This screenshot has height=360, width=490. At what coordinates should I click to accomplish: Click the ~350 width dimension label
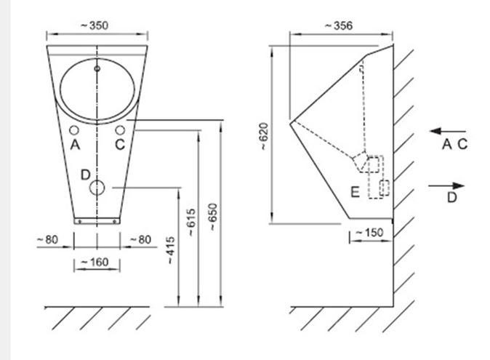(95, 25)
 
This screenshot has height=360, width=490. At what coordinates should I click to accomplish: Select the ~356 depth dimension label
(339, 25)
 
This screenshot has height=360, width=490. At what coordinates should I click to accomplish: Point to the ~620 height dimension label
(263, 136)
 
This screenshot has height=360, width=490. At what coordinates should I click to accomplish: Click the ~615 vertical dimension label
(191, 222)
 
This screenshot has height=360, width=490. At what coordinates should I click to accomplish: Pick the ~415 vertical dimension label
(171, 250)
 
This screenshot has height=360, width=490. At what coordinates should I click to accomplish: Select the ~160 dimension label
(95, 262)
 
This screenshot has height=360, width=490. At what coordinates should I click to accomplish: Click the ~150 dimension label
(369, 233)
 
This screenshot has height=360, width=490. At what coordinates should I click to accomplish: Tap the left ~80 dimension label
(47, 240)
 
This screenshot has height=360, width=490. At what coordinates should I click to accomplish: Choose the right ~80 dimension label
(140, 240)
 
